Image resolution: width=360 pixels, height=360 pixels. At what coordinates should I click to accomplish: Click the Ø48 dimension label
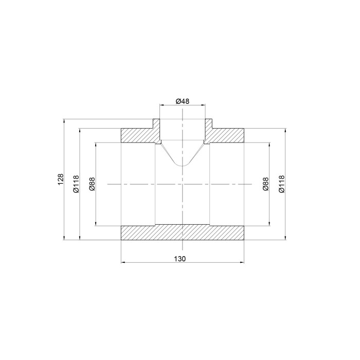pos(183,101)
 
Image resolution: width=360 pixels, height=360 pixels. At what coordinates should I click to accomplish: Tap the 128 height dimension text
pos(60,179)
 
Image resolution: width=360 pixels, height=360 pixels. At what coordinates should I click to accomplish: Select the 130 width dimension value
pos(179,259)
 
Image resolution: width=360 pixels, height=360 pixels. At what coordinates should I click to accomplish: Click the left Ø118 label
pos(76,184)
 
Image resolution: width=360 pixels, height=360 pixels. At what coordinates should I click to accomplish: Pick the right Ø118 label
pos(282,184)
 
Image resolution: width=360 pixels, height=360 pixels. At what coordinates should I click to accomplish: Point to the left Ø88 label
pos(92,184)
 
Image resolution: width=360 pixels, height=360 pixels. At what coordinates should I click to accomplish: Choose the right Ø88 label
pos(266,184)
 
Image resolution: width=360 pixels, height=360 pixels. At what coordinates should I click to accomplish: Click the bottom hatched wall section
pos(183,233)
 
